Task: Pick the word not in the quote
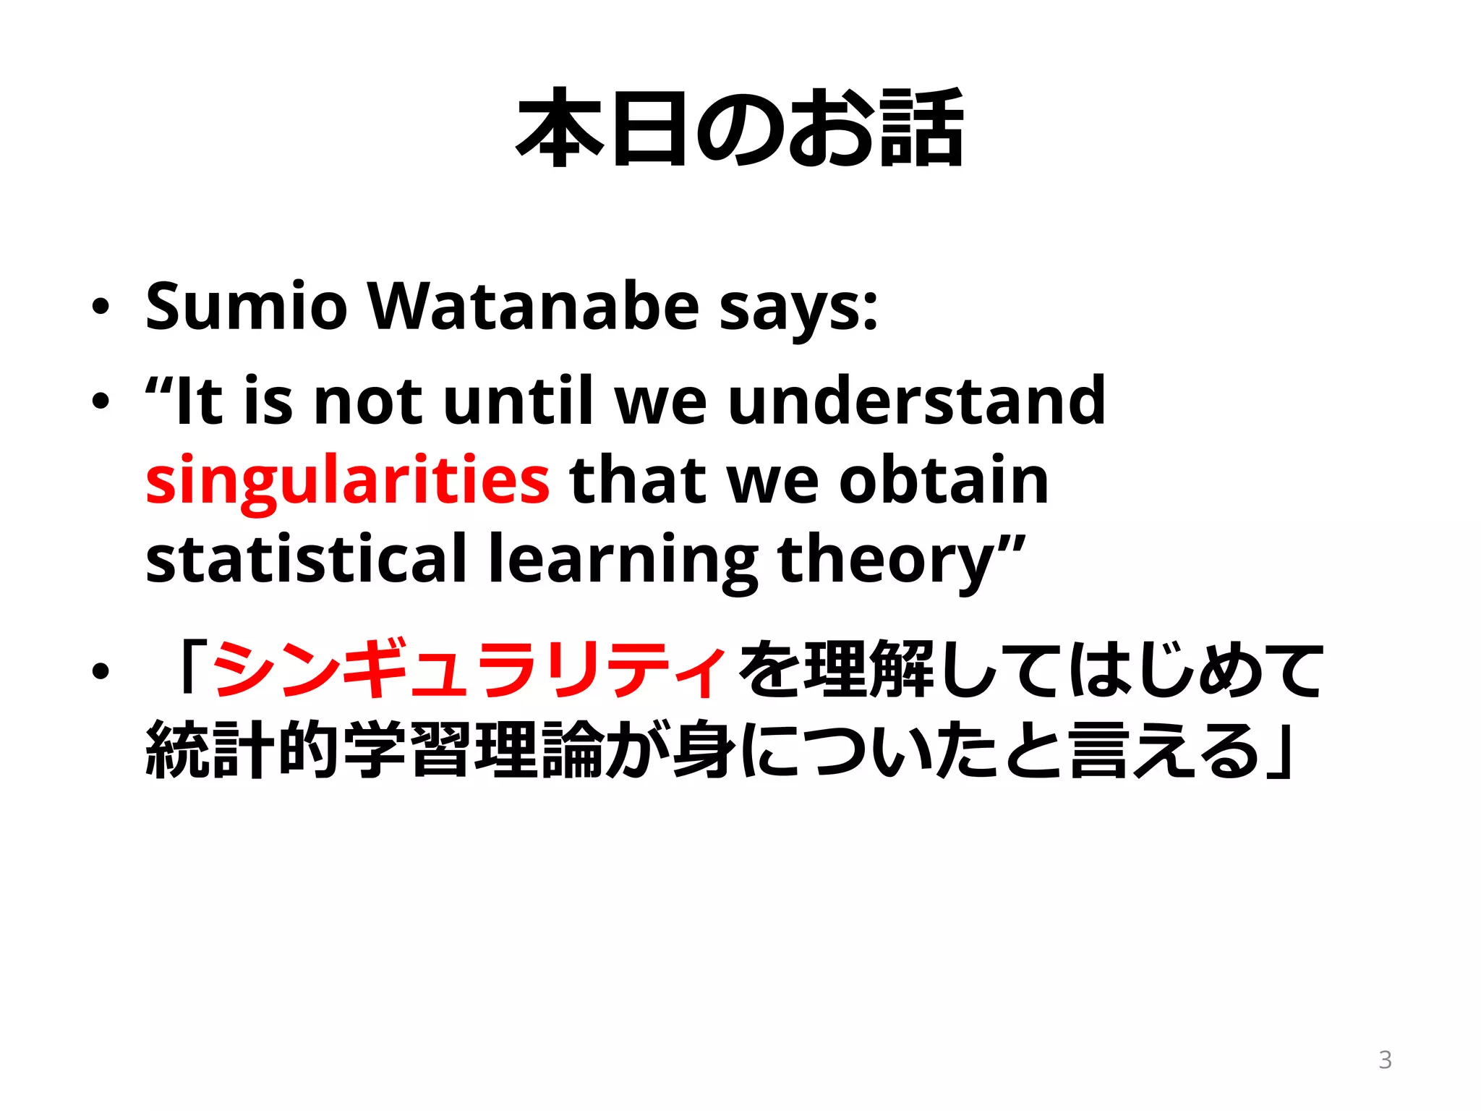click(368, 402)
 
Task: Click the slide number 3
click(1385, 1060)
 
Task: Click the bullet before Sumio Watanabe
click(101, 307)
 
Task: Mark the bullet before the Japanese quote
click(101, 672)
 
